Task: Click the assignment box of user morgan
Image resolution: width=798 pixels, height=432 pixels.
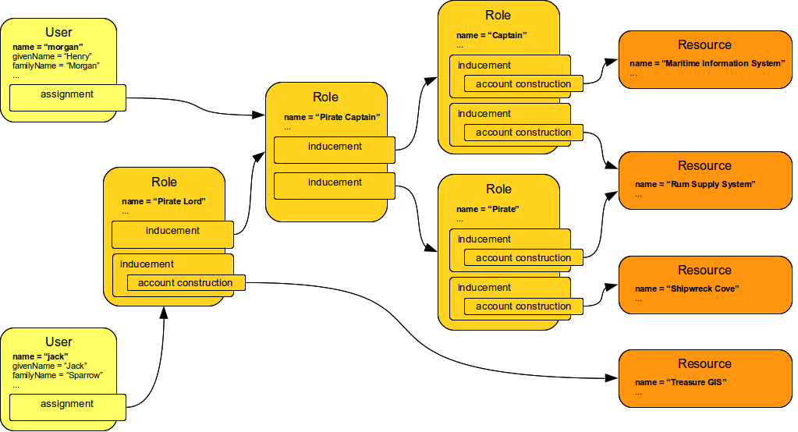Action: [68, 95]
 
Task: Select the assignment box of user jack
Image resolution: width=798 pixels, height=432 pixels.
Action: [68, 405]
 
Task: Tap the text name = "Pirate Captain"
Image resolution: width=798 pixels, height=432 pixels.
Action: [332, 118]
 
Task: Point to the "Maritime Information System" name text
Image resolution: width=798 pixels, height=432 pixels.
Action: [707, 63]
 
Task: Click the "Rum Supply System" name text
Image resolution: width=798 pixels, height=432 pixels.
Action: [696, 185]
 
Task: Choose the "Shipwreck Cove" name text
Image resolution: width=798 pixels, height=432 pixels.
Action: [686, 289]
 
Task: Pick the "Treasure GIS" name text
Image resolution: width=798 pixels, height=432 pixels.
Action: [680, 382]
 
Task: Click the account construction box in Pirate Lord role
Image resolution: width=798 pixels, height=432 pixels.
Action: [186, 283]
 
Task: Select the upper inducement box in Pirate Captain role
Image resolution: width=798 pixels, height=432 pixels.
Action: [335, 147]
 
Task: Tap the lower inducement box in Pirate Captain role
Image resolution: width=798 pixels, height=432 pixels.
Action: [335, 183]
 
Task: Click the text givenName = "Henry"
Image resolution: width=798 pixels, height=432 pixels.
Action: [52, 57]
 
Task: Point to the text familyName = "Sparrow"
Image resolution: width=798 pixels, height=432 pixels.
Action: [58, 375]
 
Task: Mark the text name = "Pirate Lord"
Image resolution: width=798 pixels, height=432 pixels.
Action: [163, 201]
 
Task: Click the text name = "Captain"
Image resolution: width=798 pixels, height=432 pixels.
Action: [491, 36]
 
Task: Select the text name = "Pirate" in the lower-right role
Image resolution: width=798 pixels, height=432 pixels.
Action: [488, 209]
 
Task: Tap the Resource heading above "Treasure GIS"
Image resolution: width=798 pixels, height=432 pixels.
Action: [704, 363]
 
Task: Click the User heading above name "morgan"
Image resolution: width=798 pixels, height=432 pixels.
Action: [59, 32]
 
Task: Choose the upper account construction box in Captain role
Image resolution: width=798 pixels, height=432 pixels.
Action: [523, 84]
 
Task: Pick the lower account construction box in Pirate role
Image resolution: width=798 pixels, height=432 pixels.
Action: [523, 306]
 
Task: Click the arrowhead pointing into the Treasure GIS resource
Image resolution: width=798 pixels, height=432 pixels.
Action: [613, 379]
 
